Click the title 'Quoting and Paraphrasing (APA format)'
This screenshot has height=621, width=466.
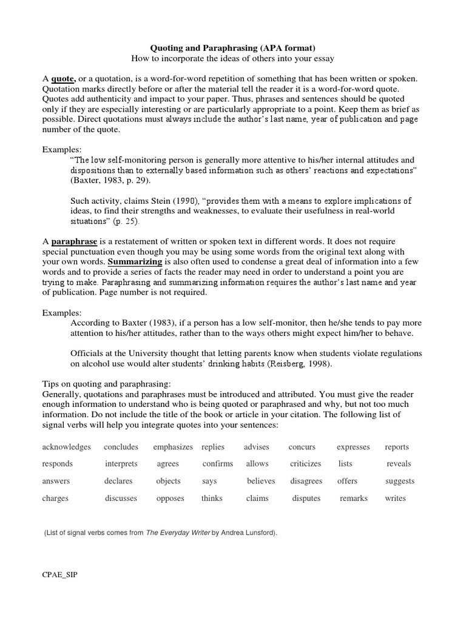click(x=232, y=47)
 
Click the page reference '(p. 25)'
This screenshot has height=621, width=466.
click(x=125, y=223)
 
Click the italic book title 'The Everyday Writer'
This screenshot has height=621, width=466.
click(x=177, y=532)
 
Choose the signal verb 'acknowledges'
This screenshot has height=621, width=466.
click(x=66, y=447)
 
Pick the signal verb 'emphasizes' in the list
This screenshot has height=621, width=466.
click(x=173, y=447)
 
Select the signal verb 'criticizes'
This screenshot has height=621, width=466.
click(x=305, y=464)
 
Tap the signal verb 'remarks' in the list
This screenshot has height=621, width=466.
click(x=353, y=498)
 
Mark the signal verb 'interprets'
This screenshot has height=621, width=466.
click(x=121, y=464)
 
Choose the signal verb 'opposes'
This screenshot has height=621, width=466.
click(x=170, y=498)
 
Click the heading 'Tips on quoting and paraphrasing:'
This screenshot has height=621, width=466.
click(x=106, y=384)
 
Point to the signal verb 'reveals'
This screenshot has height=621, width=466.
click(x=399, y=464)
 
